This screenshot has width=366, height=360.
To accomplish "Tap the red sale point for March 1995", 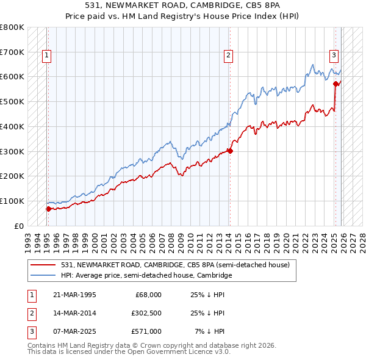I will (48, 209).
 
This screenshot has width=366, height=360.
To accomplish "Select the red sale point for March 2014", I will (230, 151).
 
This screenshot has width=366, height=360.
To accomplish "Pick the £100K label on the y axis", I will (12, 201).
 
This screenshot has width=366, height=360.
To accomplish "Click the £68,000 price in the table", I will (148, 295).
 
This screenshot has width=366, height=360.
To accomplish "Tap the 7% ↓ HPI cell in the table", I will (209, 331).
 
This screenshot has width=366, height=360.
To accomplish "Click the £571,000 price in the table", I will (146, 331).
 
